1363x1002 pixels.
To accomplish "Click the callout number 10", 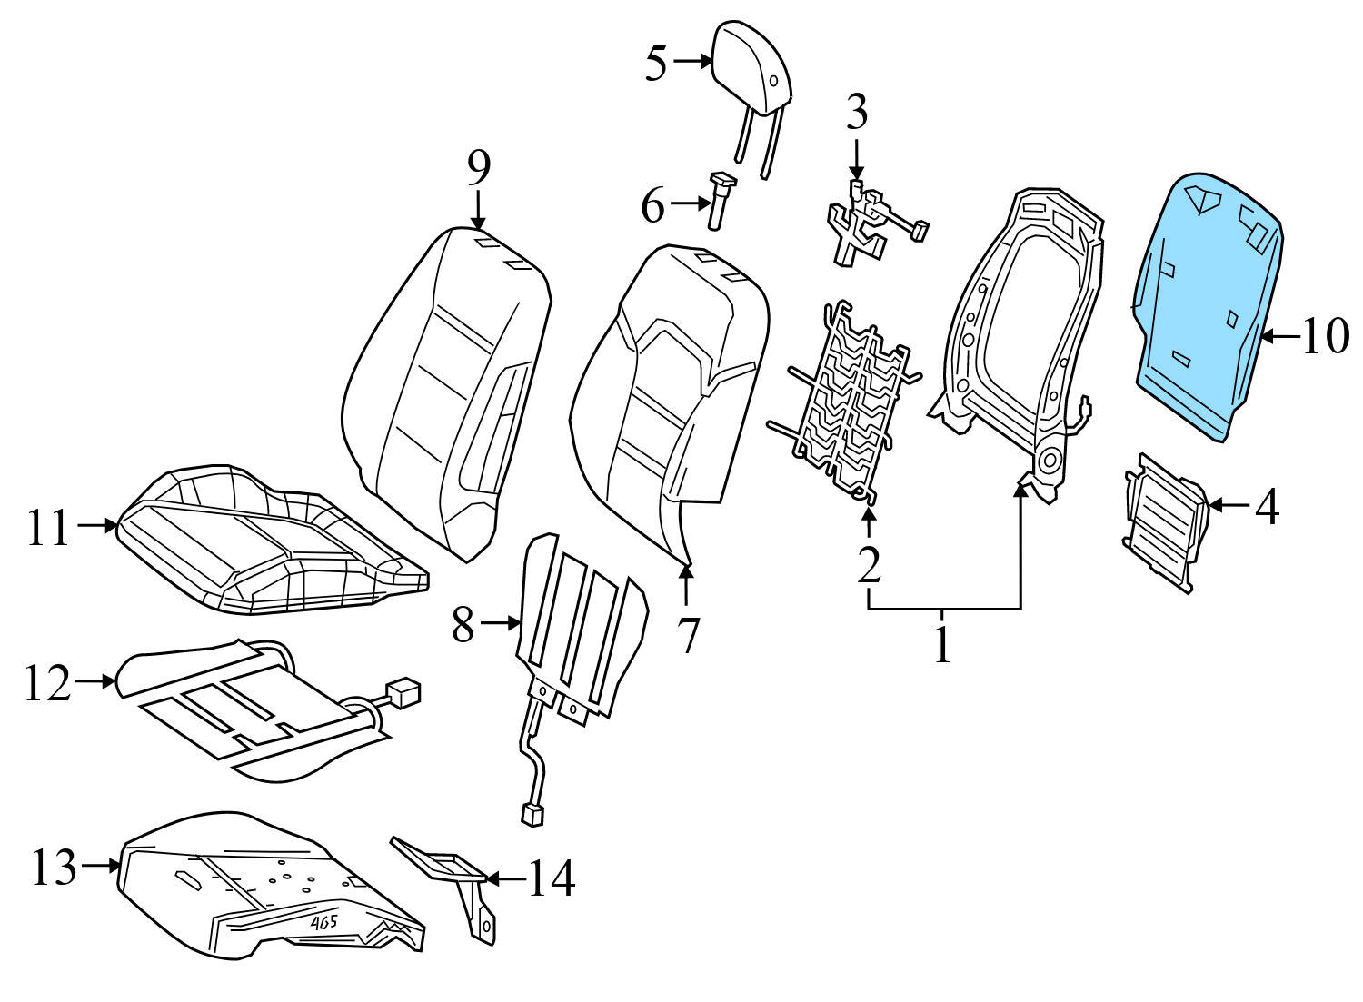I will [1326, 337].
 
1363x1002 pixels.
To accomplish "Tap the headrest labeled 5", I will [753, 69].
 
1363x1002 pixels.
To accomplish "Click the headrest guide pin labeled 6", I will [721, 201].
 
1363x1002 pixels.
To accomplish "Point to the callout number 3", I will [856, 114].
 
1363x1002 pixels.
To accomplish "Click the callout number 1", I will [942, 643].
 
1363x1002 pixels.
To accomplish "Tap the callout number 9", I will [479, 167].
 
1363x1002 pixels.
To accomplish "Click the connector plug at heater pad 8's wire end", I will [532, 814].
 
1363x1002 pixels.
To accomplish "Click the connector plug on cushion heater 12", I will [403, 692].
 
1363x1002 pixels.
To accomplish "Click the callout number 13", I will [55, 867].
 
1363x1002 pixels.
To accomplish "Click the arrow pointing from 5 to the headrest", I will [693, 61].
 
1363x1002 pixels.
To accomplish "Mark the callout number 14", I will [549, 878].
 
